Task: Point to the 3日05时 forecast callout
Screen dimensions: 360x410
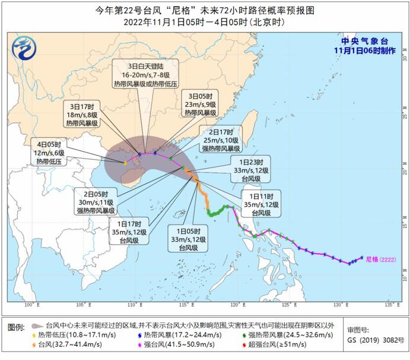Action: click(x=201, y=103)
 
